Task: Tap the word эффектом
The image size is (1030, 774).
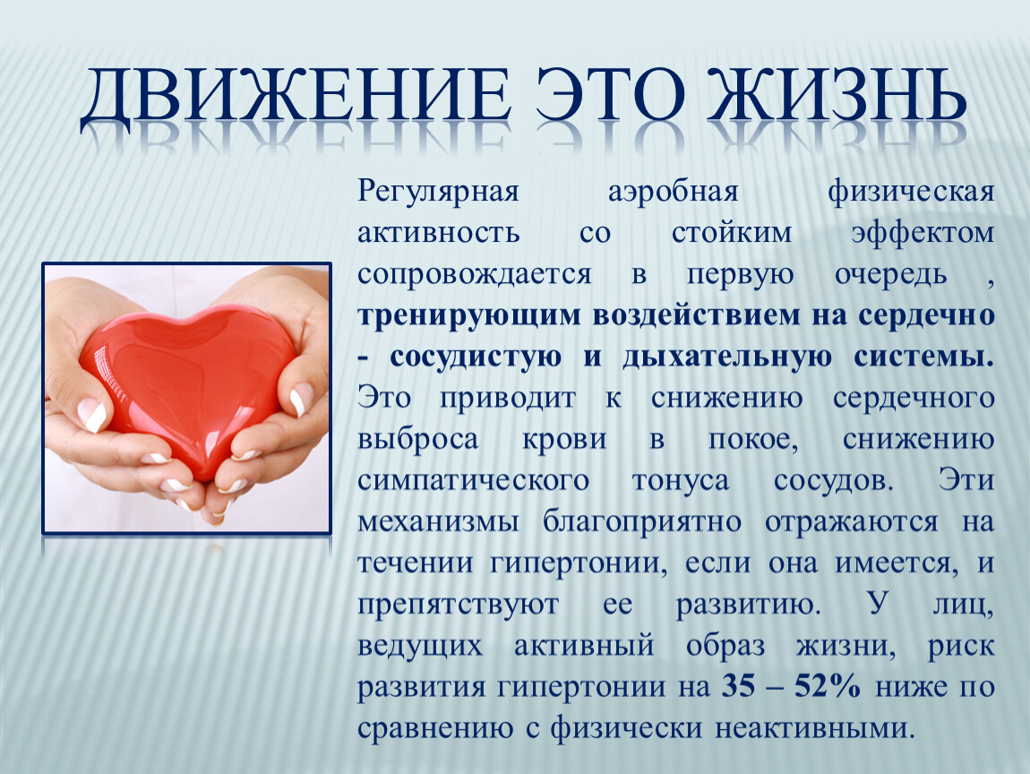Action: point(923,233)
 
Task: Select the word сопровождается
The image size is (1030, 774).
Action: point(475,275)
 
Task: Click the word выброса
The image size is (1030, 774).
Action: point(417,439)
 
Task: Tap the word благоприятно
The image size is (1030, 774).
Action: point(642,522)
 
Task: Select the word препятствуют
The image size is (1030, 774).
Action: point(458,605)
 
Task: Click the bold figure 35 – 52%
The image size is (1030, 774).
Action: point(791,686)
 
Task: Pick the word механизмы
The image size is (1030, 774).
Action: point(438,522)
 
